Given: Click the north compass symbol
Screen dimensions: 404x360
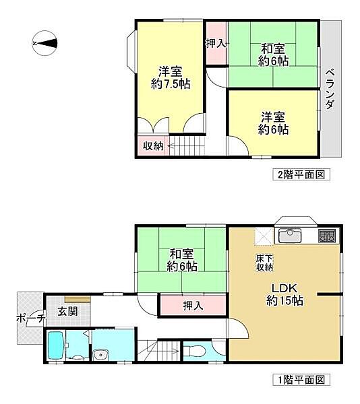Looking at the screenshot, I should click(x=44, y=44).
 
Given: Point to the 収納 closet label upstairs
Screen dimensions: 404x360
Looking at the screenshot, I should click(x=152, y=145).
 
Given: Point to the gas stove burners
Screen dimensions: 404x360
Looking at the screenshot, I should click(x=328, y=236).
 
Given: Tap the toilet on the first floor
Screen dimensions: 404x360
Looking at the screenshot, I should click(x=196, y=351).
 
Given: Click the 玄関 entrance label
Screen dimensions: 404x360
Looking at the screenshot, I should click(x=67, y=311).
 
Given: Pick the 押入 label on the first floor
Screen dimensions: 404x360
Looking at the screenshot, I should click(x=193, y=306).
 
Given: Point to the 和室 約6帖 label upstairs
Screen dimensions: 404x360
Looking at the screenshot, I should click(x=274, y=55).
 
